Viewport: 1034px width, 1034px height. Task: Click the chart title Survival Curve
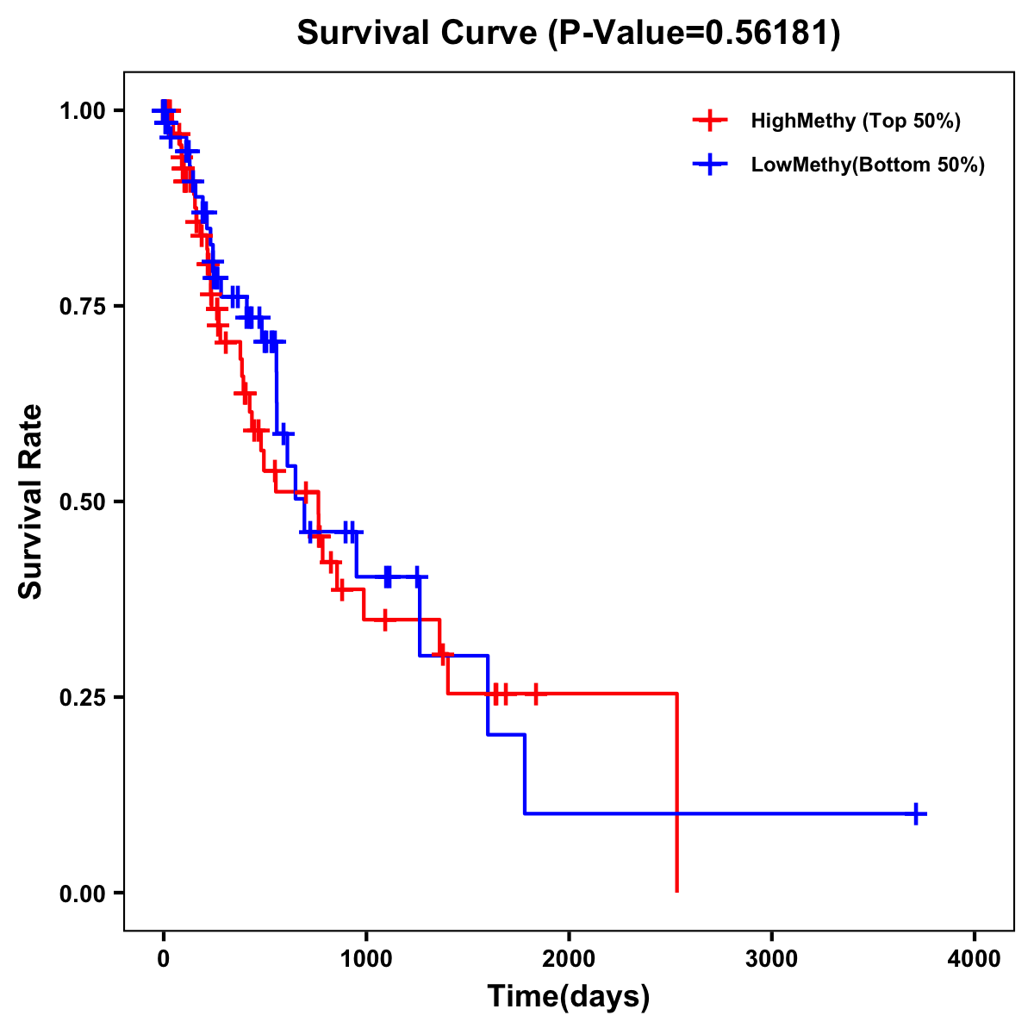tap(419, 34)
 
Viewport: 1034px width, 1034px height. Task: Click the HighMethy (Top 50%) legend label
tap(856, 121)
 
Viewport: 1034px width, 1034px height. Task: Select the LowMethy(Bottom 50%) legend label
tap(868, 165)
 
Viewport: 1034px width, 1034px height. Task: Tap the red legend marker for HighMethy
tap(709, 121)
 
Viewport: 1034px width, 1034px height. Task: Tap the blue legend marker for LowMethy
tap(709, 165)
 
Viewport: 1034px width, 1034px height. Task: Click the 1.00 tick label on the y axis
tap(83, 110)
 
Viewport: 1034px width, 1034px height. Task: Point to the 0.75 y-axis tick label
tap(83, 306)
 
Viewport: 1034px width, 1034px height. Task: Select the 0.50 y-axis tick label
tap(83, 501)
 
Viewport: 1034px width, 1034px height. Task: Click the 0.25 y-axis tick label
tap(83, 697)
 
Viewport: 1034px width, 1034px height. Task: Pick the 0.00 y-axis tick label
tap(83, 893)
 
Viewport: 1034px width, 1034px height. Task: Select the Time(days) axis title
tap(569, 997)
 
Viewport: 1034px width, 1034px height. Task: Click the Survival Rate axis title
tap(31, 501)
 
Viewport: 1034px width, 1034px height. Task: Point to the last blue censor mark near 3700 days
tap(917, 813)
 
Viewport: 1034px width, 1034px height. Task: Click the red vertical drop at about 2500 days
tap(677, 793)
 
